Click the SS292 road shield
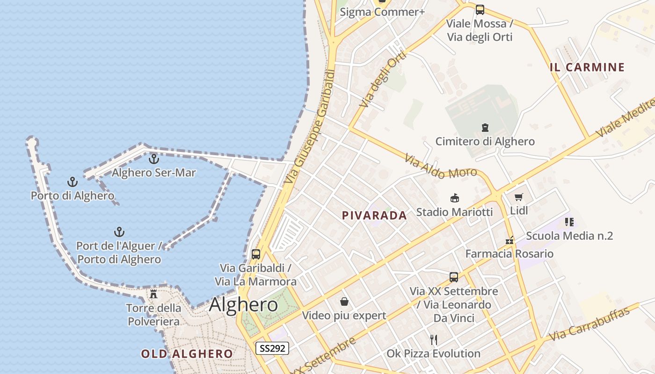click(272, 348)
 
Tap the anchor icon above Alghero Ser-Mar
click(153, 159)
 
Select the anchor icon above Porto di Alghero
click(72, 182)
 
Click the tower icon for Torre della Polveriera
click(153, 294)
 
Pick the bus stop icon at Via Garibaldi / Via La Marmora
click(256, 254)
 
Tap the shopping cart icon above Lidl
click(518, 197)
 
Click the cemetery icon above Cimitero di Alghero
click(485, 127)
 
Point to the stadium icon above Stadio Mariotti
click(454, 198)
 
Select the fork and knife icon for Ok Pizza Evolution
click(434, 339)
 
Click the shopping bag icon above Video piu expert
click(344, 302)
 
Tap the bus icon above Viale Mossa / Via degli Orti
click(480, 10)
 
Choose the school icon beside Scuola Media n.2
click(569, 222)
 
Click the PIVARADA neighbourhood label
click(374, 216)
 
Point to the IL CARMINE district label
click(587, 67)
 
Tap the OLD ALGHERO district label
click(187, 354)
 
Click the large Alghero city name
click(243, 305)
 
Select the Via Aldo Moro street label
click(441, 167)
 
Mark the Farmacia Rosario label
click(509, 254)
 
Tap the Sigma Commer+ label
click(382, 12)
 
